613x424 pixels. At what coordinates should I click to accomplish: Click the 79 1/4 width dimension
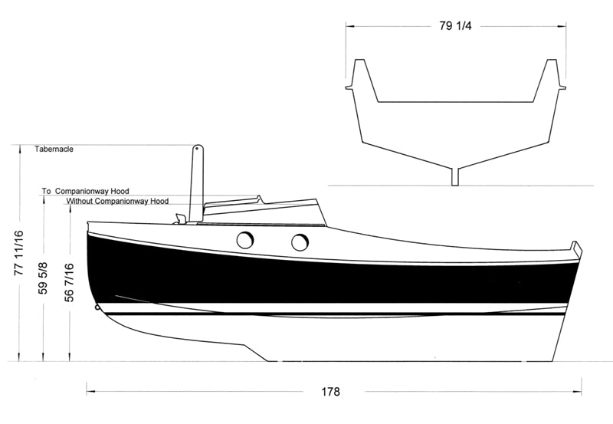(x=455, y=26)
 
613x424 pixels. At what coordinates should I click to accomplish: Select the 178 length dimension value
(x=331, y=392)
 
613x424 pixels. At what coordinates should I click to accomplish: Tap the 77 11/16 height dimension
(x=18, y=253)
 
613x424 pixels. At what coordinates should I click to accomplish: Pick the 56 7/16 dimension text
(x=69, y=282)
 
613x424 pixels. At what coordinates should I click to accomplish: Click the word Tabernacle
(x=54, y=149)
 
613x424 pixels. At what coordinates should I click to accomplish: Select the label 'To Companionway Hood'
(x=86, y=191)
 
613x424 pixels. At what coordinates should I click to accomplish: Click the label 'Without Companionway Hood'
(x=117, y=201)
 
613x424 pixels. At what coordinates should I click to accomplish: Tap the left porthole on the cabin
(x=245, y=240)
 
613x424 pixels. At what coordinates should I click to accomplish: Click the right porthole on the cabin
(x=300, y=242)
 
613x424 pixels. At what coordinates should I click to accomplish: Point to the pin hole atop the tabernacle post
(x=197, y=149)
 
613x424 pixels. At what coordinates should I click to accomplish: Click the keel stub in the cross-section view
(x=455, y=177)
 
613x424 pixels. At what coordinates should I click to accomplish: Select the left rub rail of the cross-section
(x=349, y=87)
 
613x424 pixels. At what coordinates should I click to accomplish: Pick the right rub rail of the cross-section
(x=562, y=87)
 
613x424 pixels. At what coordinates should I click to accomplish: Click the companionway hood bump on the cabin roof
(x=258, y=199)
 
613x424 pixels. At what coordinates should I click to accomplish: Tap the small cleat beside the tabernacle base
(x=180, y=219)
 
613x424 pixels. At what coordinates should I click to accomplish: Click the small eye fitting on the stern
(x=97, y=307)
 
